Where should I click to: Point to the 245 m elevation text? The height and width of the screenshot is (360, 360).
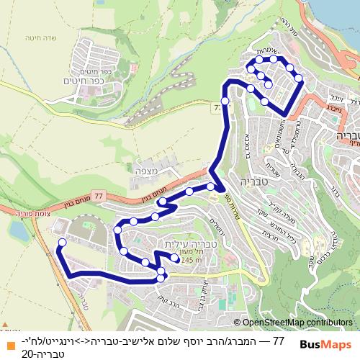click(x=193, y=260)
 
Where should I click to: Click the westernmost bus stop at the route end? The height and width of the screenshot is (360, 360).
click(x=61, y=243)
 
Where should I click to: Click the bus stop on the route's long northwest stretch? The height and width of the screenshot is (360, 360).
click(x=225, y=101)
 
